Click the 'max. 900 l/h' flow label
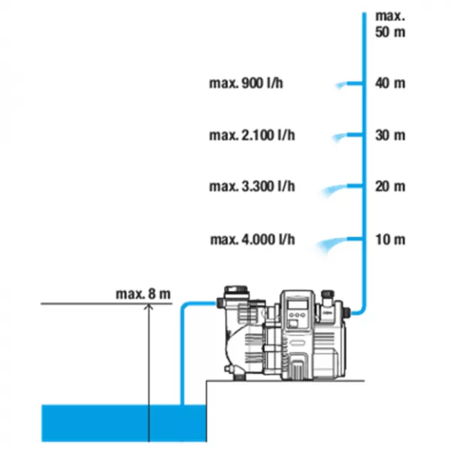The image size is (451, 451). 246,83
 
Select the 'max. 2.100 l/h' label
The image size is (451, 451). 252,135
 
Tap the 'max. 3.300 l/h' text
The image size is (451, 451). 252,186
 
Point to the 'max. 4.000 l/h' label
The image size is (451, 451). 253,239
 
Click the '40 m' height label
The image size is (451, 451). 390,83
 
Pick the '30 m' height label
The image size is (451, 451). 390,135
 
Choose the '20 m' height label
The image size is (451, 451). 390,186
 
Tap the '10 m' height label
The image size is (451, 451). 390,239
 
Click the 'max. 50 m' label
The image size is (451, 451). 390,24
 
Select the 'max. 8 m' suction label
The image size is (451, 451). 143,294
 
